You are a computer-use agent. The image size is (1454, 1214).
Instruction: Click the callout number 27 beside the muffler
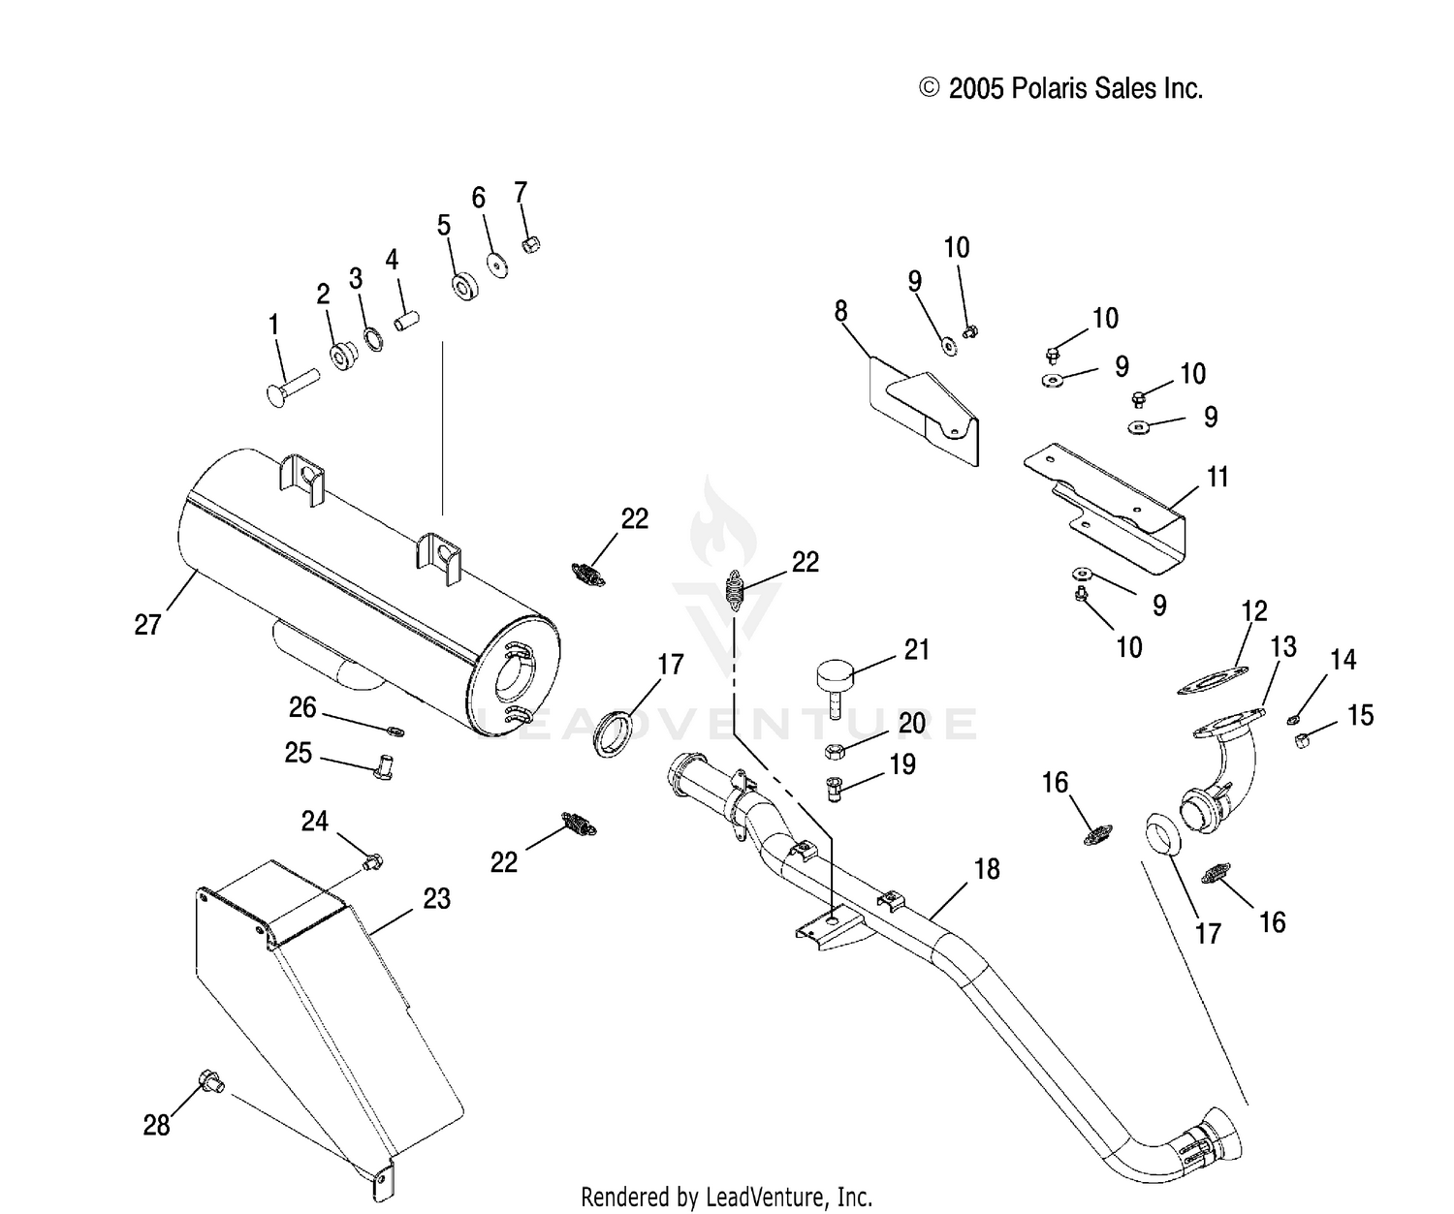coord(147,624)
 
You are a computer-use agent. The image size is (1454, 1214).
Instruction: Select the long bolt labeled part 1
coord(293,388)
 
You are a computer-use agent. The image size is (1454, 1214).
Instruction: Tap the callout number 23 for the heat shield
coord(436,898)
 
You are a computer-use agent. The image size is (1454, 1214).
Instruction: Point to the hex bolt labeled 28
coord(211,1080)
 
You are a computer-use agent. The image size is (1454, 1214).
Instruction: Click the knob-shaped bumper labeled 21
coord(836,690)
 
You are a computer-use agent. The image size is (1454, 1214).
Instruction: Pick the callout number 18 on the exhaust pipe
coord(987,869)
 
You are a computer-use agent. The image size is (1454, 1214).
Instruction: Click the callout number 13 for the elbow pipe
coord(1283,646)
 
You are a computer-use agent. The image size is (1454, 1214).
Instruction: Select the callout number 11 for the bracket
coord(1217,477)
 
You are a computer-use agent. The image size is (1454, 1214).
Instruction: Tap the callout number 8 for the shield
coord(841,311)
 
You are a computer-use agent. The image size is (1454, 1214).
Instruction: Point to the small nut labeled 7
coord(531,244)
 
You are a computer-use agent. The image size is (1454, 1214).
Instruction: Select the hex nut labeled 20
coord(835,751)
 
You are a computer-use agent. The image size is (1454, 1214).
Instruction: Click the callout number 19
coord(902,764)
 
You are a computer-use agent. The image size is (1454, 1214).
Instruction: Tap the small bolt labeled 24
coord(372,862)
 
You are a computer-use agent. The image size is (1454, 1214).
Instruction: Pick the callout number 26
coord(302,707)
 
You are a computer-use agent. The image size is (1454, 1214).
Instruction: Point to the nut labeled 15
coord(1300,740)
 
